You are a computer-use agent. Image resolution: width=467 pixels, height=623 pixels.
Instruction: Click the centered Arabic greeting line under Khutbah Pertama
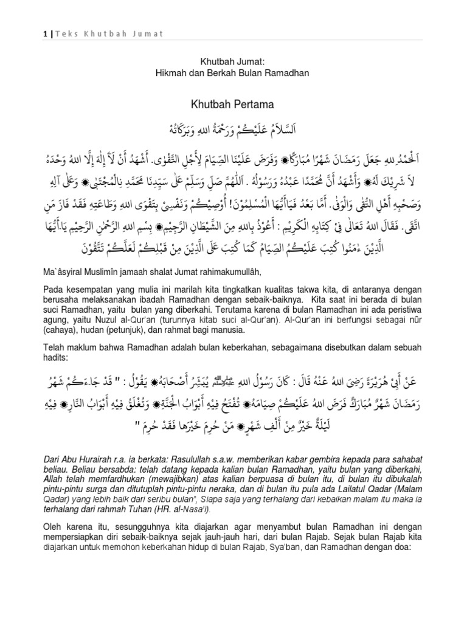(x=233, y=130)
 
